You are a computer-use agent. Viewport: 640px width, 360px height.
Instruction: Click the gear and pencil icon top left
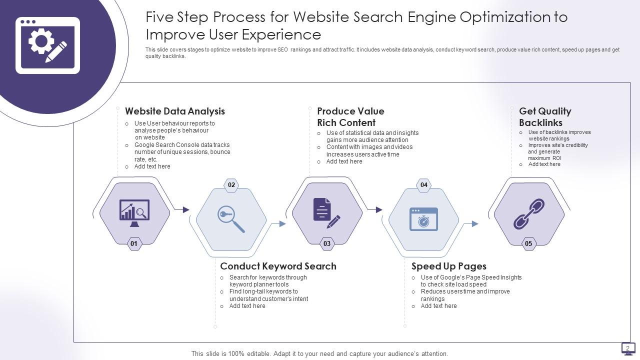click(x=47, y=45)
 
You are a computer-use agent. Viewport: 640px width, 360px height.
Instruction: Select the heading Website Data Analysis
click(x=175, y=111)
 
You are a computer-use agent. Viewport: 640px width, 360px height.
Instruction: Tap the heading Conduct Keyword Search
click(x=278, y=266)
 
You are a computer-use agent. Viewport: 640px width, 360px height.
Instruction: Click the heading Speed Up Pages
click(x=448, y=266)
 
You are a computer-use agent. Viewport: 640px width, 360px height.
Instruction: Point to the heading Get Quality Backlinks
click(x=545, y=117)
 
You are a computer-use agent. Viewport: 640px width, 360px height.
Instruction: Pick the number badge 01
click(x=134, y=244)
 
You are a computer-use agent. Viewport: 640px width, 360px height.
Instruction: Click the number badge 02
click(x=231, y=185)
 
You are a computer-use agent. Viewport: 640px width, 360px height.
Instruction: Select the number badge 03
click(x=327, y=244)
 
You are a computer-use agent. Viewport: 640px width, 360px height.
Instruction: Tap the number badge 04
click(x=424, y=185)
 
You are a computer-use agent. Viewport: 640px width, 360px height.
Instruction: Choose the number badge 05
click(x=528, y=244)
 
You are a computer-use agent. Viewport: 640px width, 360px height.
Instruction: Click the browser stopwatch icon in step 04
click(x=424, y=219)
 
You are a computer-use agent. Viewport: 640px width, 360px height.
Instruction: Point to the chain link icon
click(x=529, y=213)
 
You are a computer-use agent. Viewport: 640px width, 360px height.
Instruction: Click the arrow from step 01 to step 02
click(x=184, y=210)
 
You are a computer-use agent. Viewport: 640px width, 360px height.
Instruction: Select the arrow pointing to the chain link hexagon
click(x=473, y=224)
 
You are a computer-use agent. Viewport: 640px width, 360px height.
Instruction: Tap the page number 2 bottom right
click(x=628, y=348)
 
